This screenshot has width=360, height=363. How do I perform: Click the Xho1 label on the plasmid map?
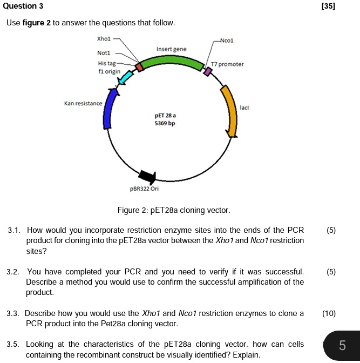click(104, 39)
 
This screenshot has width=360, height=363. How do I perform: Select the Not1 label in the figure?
click(104, 53)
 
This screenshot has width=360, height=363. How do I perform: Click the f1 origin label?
click(109, 71)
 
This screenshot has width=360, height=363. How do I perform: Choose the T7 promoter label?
click(227, 64)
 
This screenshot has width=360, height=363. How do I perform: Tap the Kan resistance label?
click(83, 103)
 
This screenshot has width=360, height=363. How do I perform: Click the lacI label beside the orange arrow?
click(244, 108)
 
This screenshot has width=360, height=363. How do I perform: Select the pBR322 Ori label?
click(145, 189)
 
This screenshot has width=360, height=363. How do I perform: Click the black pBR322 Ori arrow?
click(147, 176)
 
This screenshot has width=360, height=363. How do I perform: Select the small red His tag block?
click(139, 67)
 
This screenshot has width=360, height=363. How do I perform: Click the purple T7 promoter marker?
click(207, 71)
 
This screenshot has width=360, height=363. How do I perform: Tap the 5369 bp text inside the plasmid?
click(165, 123)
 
